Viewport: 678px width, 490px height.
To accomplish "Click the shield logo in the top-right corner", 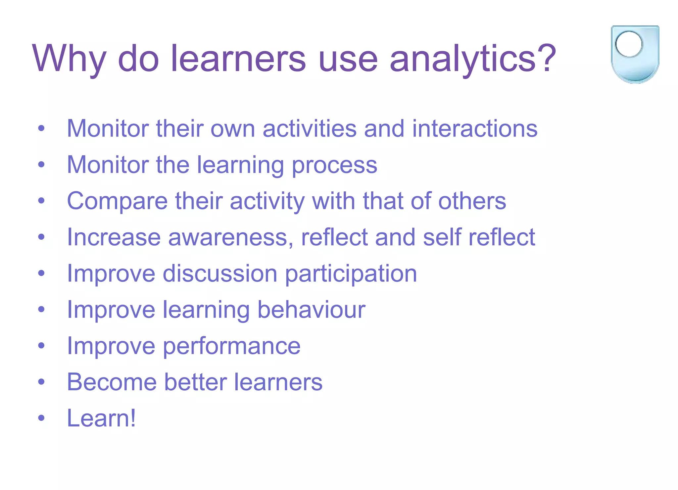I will (635, 55).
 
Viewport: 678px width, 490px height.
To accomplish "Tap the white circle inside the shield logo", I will (628, 44).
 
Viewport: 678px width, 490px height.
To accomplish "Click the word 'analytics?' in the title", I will (473, 59).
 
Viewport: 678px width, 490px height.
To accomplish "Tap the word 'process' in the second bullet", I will (334, 165).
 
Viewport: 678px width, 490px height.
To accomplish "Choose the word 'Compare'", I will (117, 201).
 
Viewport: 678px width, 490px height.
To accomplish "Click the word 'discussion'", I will (220, 273).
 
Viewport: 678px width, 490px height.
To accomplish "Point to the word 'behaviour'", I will (311, 310).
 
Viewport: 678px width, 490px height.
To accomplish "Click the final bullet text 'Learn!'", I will (101, 418).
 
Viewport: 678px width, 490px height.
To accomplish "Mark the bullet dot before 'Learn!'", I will (41, 418).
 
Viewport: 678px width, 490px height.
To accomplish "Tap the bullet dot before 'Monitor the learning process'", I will (41, 165).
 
